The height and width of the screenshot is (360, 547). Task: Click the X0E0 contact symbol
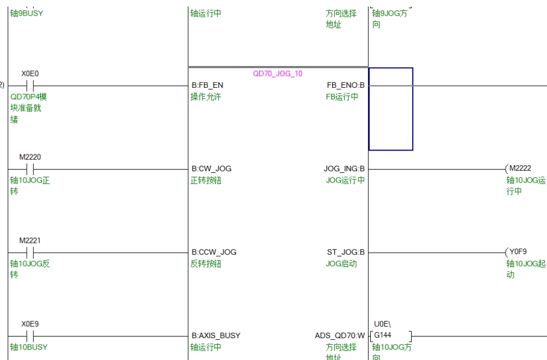coord(30,86)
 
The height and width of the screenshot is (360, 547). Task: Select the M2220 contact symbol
coord(30,169)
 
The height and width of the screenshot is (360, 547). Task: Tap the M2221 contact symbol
coord(30,253)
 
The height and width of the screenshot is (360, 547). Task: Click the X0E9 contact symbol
coord(30,336)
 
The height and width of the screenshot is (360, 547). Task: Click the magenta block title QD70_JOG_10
coord(277,74)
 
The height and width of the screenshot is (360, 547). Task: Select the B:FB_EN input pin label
coord(207,86)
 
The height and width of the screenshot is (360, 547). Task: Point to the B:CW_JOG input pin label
coord(215,169)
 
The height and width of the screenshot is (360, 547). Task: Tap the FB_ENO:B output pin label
coord(345,86)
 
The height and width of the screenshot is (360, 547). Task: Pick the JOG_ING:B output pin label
coord(344,169)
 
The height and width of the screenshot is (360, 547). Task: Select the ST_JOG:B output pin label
coord(346,253)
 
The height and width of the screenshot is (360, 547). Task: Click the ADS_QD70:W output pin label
coord(340,336)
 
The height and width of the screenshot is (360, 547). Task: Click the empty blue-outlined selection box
coord(390,109)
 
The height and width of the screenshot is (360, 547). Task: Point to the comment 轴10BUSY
coord(29,347)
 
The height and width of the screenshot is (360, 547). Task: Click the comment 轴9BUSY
coord(26,14)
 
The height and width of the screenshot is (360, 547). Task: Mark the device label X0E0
coord(31,74)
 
